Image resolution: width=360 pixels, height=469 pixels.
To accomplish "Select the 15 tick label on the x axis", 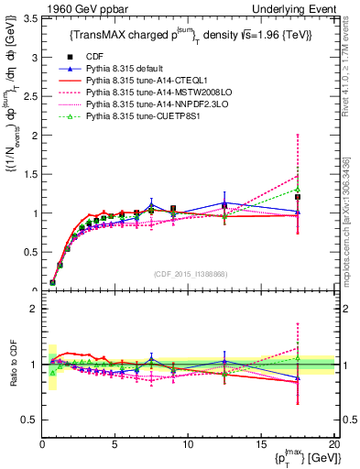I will pyautogui.click(x=261, y=442).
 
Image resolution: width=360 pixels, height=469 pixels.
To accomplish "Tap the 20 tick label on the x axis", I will pyautogui.click(x=333, y=442).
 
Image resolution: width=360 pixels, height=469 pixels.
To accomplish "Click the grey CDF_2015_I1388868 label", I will pyautogui.click(x=190, y=274).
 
